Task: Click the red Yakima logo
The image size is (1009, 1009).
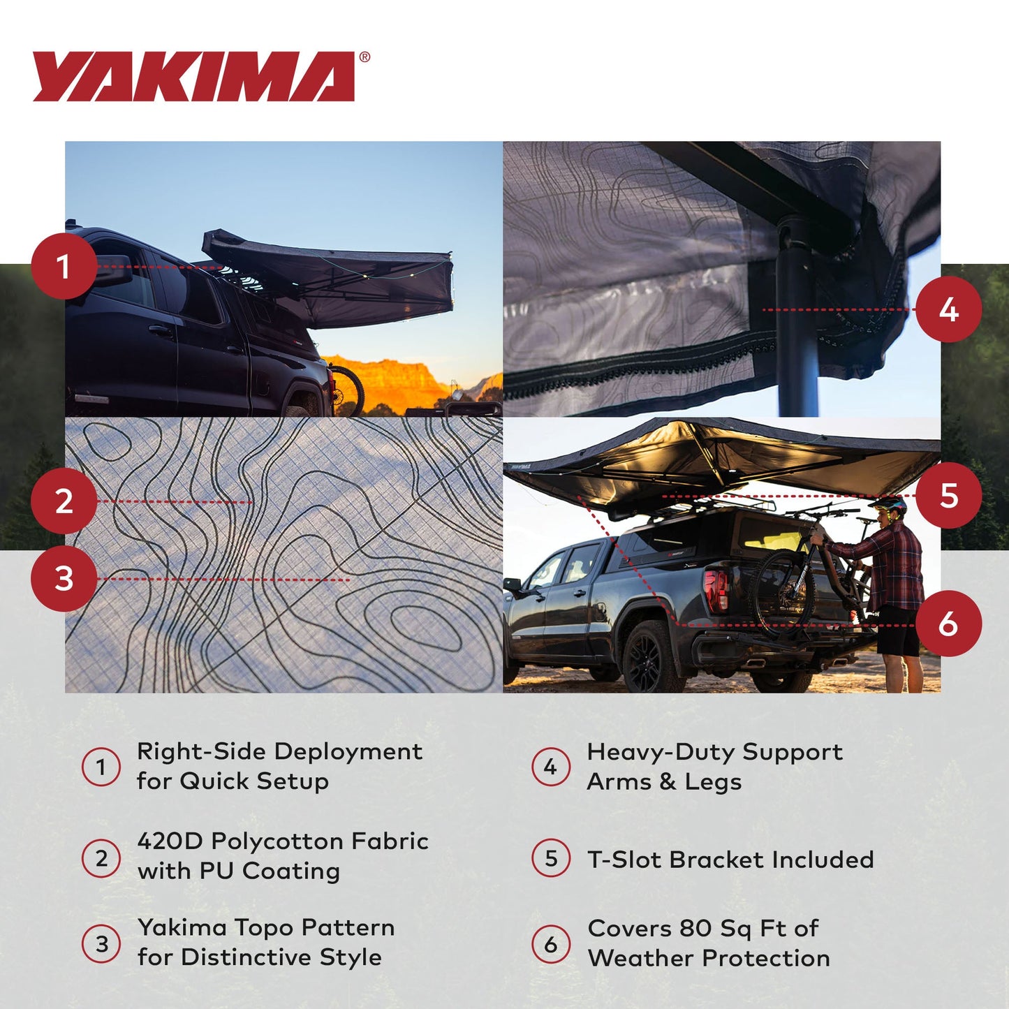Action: (x=193, y=77)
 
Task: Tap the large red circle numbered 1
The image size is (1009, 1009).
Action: (x=64, y=266)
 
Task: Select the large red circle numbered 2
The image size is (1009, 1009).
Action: (x=64, y=501)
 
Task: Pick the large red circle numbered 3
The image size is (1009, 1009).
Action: (x=64, y=579)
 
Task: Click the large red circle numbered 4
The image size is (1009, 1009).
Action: (x=948, y=309)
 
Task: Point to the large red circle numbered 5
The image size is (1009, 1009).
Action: (x=948, y=495)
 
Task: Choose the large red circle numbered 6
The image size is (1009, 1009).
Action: (x=948, y=624)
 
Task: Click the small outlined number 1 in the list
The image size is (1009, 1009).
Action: (x=101, y=767)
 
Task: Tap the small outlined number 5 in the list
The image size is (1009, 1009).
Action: (x=551, y=858)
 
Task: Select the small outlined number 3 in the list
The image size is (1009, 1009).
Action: (x=101, y=943)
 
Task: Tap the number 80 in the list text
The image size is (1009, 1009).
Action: (x=695, y=928)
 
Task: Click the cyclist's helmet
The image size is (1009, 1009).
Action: (x=887, y=503)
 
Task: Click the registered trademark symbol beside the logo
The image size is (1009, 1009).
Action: (x=364, y=58)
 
